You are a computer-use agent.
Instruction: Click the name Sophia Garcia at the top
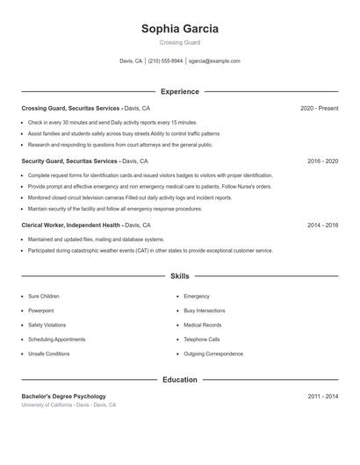[x=180, y=28]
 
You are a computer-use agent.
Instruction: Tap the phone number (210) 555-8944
[x=165, y=61]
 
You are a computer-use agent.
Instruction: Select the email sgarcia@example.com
[x=214, y=61]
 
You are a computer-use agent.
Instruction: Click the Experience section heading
[x=180, y=91]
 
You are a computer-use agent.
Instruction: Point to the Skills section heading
[x=180, y=276]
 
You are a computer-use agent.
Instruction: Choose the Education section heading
[x=180, y=380]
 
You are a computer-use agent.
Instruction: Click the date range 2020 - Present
[x=319, y=108]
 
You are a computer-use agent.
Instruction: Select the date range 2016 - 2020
[x=322, y=161]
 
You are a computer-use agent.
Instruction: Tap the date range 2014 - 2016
[x=322, y=225]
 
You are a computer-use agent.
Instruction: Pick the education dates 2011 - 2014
[x=322, y=397]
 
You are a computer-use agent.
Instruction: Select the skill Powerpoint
[x=40, y=311]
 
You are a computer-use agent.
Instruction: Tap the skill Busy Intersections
[x=204, y=311]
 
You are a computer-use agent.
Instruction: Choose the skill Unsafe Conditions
[x=48, y=354]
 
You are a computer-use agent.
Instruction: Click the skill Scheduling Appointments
[x=56, y=339]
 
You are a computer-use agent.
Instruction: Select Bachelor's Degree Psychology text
[x=63, y=397]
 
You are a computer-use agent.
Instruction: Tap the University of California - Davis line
[x=68, y=405]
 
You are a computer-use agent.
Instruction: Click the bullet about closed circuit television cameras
[x=130, y=198]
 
